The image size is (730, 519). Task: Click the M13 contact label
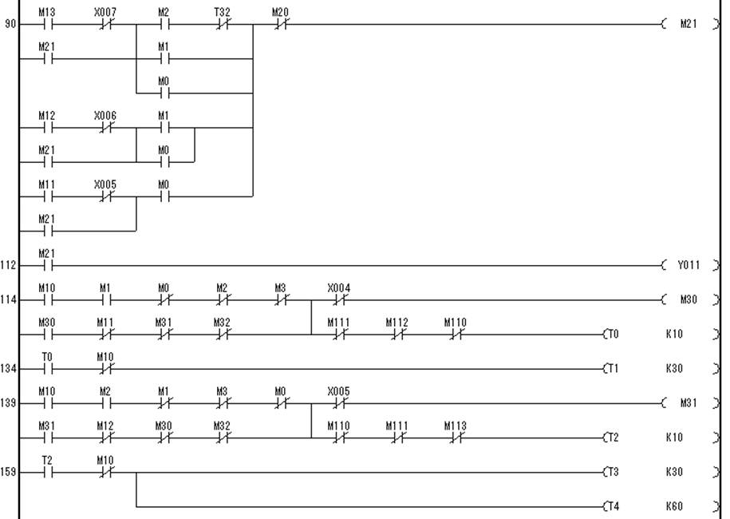(x=46, y=13)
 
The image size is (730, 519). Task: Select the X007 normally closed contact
(x=105, y=25)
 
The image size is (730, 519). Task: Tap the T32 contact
(x=222, y=25)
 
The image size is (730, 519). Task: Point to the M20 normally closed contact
(x=280, y=25)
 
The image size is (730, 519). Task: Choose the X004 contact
(x=338, y=300)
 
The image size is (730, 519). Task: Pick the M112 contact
(x=397, y=335)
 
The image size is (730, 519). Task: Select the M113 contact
(x=455, y=438)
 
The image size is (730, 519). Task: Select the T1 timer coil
(x=613, y=369)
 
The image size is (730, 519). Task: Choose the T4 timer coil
(x=613, y=506)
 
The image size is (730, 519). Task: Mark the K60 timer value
(x=674, y=506)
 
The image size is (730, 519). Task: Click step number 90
(x=10, y=25)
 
